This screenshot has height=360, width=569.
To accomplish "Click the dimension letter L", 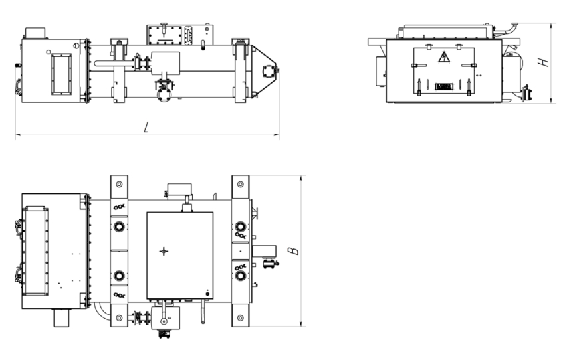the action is pos(146,127).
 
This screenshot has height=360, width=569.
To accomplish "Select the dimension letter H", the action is pos(543,62).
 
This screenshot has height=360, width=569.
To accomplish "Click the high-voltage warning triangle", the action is pos(444,57).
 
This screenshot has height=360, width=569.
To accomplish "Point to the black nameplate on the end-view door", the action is pos(444,86).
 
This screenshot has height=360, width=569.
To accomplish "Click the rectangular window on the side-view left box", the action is pos(61,74).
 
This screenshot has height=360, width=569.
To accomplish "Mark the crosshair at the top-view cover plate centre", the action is pos(164,251).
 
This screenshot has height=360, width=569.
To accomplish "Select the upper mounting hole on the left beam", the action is pos(119,184).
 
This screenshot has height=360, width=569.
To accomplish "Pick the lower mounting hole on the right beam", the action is pos(240,318).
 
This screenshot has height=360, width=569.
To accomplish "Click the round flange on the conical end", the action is pos(269,71).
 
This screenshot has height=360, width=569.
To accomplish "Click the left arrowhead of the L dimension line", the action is pos(17,135).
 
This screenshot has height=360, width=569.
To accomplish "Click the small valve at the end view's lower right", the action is pos(526,94).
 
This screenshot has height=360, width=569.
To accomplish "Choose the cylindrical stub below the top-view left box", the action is pos(62,317).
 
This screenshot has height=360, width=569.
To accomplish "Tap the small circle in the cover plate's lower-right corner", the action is pos(207,294).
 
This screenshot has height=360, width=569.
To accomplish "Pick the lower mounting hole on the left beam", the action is pos(119,318).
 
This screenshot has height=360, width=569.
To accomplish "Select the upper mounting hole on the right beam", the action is pos(240,184).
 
